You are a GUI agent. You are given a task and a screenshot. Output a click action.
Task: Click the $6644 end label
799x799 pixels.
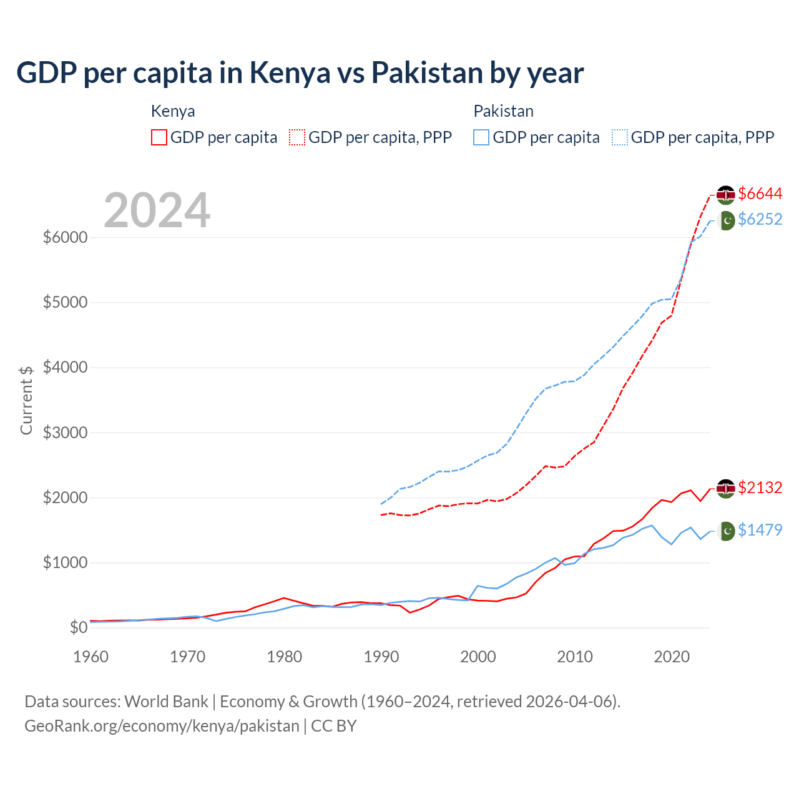760,194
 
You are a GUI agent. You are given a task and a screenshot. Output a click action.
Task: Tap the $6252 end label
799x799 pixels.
760,219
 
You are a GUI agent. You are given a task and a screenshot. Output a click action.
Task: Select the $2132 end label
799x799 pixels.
760,488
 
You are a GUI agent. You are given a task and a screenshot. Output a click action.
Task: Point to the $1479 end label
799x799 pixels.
760,530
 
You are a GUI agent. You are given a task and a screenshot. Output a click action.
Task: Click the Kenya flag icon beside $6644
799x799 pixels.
725,195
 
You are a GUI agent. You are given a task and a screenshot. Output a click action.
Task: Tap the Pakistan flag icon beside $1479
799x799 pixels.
726,531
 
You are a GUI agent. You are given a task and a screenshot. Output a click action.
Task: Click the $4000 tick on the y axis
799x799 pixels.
65,367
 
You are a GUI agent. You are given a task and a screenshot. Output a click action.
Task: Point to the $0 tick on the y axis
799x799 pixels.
78,627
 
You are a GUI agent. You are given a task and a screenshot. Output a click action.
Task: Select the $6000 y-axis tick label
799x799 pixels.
65,237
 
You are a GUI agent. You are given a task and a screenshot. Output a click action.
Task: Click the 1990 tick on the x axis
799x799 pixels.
381,657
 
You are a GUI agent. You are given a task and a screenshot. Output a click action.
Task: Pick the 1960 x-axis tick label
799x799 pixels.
91,657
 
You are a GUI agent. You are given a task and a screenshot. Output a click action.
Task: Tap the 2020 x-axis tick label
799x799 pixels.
672,657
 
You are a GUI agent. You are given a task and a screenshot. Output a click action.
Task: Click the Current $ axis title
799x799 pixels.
26,400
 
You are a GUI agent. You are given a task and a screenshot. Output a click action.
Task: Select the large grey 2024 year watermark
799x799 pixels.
157,210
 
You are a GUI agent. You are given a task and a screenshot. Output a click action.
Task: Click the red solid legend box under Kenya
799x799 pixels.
159,137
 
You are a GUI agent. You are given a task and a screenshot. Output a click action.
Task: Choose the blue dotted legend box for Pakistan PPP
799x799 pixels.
620,137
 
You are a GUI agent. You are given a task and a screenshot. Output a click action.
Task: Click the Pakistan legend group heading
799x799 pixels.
503,111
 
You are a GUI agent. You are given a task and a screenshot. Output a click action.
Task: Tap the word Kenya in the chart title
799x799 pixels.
290,73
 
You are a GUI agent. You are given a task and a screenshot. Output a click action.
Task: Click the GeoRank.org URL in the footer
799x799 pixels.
162,726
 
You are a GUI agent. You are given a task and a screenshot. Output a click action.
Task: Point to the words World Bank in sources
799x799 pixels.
166,702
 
